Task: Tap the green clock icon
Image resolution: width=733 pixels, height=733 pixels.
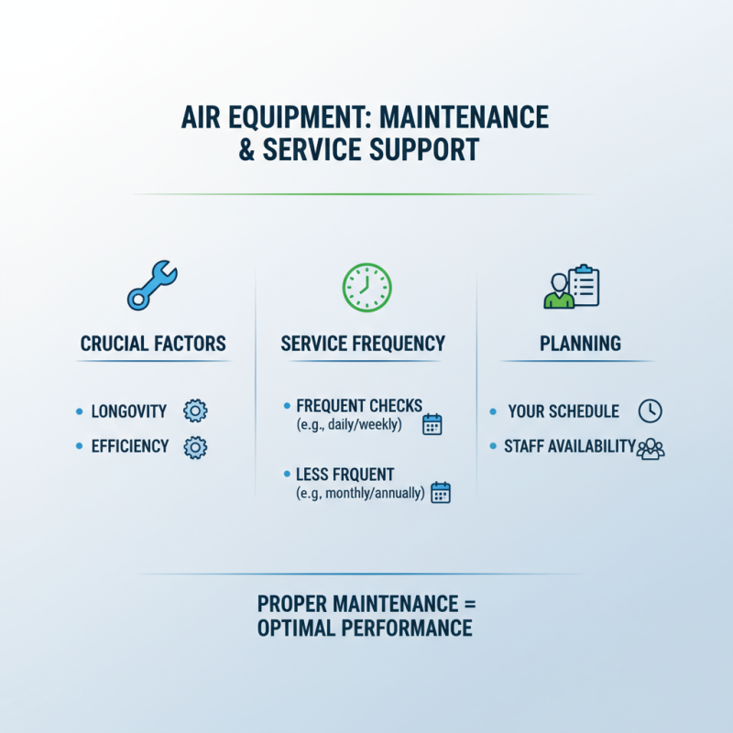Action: (366, 286)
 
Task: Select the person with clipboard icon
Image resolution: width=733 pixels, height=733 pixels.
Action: (571, 288)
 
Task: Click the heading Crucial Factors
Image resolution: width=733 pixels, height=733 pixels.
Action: (153, 345)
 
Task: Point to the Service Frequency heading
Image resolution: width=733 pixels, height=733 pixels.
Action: (363, 345)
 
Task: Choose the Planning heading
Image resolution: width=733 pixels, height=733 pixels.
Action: (580, 345)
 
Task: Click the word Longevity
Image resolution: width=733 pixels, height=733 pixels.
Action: (129, 411)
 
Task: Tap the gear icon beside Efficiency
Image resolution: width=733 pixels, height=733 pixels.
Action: (195, 447)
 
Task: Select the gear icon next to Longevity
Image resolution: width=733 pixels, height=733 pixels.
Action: (195, 411)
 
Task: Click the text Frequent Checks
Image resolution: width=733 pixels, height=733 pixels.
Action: (359, 406)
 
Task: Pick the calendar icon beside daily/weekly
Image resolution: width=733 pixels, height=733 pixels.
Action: (432, 424)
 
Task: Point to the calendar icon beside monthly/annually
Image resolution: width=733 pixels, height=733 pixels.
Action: (441, 492)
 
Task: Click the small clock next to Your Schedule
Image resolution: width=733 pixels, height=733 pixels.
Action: (649, 411)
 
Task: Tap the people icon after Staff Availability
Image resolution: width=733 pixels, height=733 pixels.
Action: (651, 448)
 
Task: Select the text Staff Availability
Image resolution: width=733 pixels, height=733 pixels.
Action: (570, 446)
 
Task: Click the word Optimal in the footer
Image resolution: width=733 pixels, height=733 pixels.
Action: (307, 629)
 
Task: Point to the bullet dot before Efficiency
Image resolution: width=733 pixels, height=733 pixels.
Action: (79, 447)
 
